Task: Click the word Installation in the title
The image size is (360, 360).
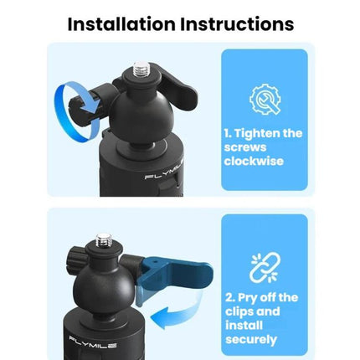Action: pyautogui.click(x=121, y=24)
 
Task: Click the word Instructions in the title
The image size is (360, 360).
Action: pyautogui.click(x=237, y=24)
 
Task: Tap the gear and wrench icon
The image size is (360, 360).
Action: pyautogui.click(x=265, y=100)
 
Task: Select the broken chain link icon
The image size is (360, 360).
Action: pyautogui.click(x=265, y=267)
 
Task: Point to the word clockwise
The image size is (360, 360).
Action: pyautogui.click(x=254, y=161)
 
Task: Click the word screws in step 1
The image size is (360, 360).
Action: pyautogui.click(x=245, y=147)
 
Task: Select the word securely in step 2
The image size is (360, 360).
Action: pyautogui.click(x=251, y=340)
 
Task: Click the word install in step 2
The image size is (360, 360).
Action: pyautogui.click(x=244, y=326)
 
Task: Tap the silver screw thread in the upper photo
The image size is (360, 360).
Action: pyautogui.click(x=141, y=69)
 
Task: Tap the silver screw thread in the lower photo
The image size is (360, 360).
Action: pyautogui.click(x=104, y=241)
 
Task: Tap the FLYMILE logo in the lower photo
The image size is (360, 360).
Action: pyautogui.click(x=93, y=342)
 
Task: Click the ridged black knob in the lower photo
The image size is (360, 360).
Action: pyautogui.click(x=75, y=257)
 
